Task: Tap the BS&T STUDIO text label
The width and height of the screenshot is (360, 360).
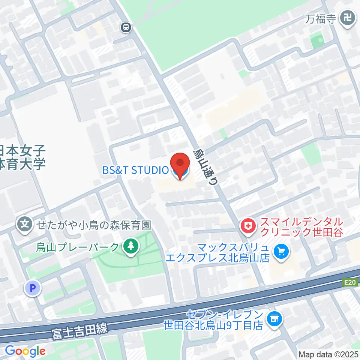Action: click(x=135, y=170)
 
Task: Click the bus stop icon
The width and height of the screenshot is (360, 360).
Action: click(x=126, y=27)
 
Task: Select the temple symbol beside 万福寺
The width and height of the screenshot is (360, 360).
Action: click(x=348, y=18)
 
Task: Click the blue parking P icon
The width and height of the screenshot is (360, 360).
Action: click(x=32, y=288)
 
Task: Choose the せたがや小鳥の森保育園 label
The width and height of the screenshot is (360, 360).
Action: click(x=93, y=225)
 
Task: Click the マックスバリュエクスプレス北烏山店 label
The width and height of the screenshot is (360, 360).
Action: click(x=232, y=253)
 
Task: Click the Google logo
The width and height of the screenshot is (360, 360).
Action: click(x=25, y=351)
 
